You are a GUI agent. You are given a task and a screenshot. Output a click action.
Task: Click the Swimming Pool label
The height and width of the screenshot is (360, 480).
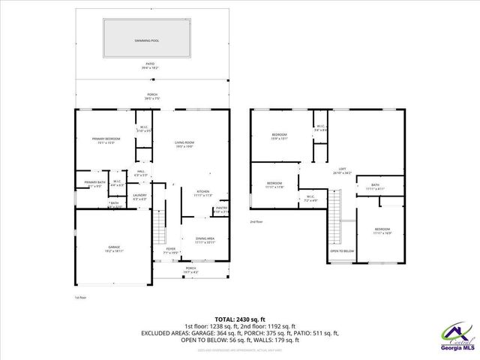pos(146,40)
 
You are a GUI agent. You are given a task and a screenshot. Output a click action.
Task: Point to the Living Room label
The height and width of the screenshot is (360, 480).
pos(185,143)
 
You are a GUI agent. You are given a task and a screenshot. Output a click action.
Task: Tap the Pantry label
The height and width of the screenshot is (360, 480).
pos(221,208)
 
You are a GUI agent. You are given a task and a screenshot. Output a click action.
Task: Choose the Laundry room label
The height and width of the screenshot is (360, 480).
pos(139,196)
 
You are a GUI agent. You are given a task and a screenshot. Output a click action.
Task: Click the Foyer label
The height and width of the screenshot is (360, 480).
pos(170,250)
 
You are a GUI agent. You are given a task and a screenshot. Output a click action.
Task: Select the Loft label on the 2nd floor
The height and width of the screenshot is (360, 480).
pos(342,171)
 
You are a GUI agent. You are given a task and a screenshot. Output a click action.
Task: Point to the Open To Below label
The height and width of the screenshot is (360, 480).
pos(342,251)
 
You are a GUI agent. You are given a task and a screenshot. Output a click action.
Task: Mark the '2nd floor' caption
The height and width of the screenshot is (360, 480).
pos(257,222)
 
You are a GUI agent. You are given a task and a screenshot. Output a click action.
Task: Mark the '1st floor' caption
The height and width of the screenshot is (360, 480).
pos(81,298)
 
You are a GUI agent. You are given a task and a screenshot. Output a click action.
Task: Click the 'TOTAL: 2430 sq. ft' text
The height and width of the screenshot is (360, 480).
pos(239,319)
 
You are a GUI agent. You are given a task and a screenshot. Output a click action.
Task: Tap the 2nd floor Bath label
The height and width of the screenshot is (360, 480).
pos(375,187)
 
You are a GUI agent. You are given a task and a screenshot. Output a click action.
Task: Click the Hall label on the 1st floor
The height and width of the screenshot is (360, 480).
pos(140,172)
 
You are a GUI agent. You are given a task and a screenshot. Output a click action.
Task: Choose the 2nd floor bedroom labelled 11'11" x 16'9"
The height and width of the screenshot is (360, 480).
pos(382,230)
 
